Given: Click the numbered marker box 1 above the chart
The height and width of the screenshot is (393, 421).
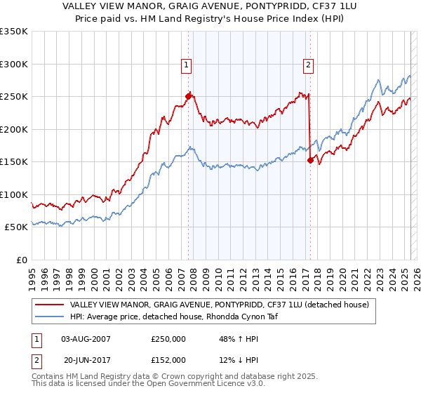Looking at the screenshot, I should (187, 65).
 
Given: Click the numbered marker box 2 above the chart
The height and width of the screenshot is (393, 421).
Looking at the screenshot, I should (308, 65).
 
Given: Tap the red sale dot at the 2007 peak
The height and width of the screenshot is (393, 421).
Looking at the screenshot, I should (188, 96).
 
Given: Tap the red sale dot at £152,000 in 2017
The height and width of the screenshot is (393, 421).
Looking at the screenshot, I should (310, 160).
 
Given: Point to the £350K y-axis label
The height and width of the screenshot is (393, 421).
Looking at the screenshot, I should (14, 32).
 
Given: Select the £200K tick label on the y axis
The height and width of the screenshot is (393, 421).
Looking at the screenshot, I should (14, 129).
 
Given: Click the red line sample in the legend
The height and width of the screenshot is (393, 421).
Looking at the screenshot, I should (49, 305).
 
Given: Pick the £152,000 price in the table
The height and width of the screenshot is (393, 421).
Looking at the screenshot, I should (168, 359).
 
